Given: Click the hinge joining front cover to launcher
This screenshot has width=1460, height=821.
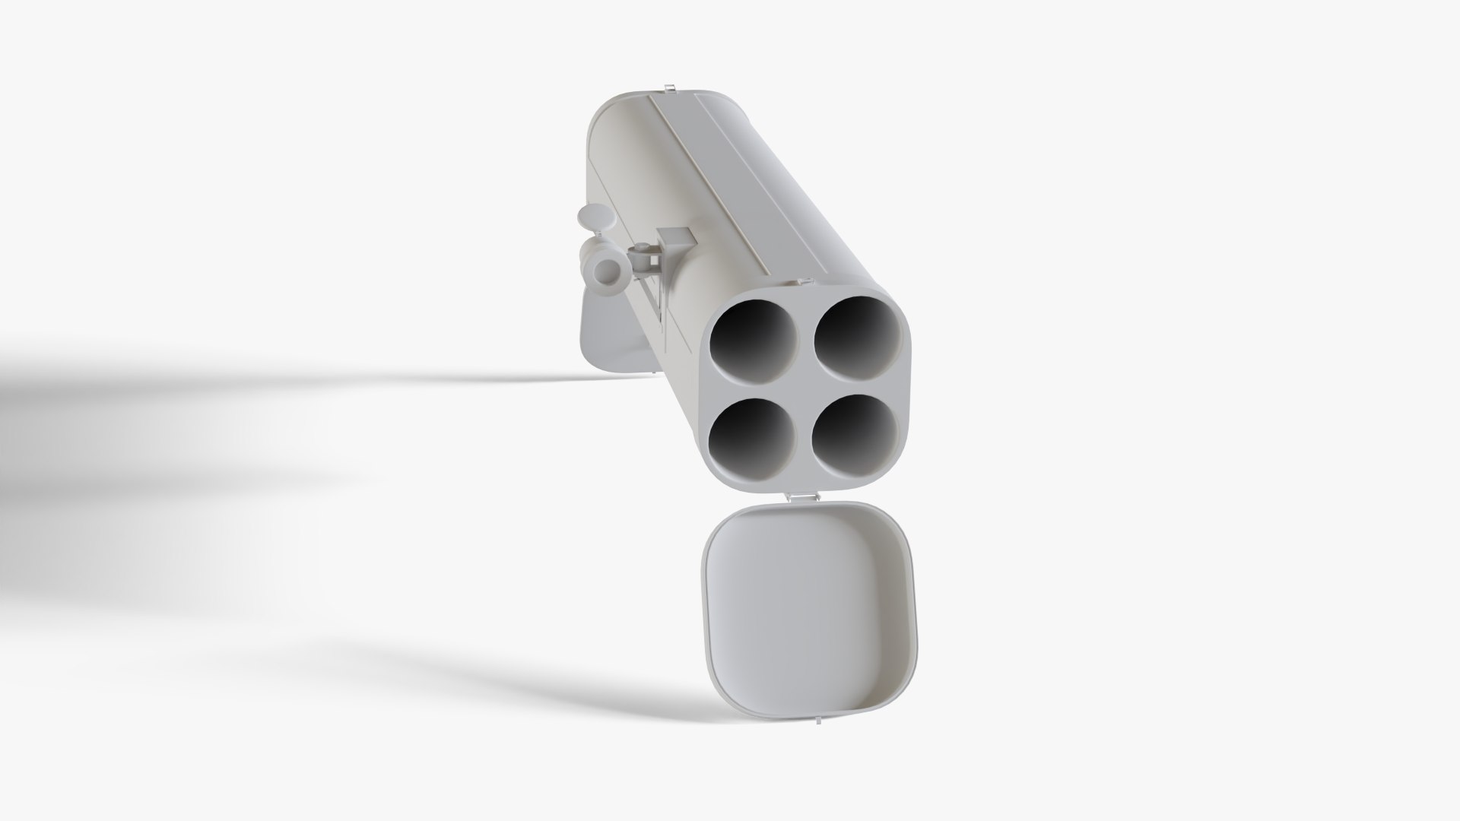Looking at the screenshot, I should [802, 496].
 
